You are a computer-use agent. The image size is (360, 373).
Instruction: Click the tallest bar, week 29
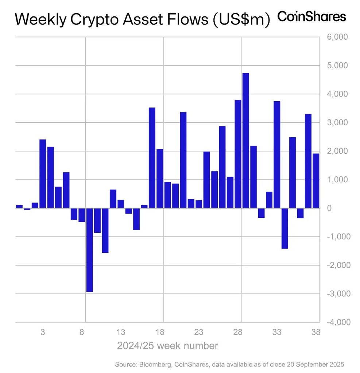245,140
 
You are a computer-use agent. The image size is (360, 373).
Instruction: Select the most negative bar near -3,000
89,250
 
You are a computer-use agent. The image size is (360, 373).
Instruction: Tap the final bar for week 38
316,181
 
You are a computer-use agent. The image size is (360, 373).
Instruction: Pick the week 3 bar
43,174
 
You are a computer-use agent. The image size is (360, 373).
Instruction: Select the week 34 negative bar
284,228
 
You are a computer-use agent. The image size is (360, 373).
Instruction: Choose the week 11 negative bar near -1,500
105,230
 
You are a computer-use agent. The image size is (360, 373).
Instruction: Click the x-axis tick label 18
160,332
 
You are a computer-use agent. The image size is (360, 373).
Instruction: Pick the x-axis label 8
82,332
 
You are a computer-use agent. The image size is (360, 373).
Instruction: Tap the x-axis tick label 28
238,332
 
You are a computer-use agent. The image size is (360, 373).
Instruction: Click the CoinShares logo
311,16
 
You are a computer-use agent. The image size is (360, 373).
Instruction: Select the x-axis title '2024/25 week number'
167,345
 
